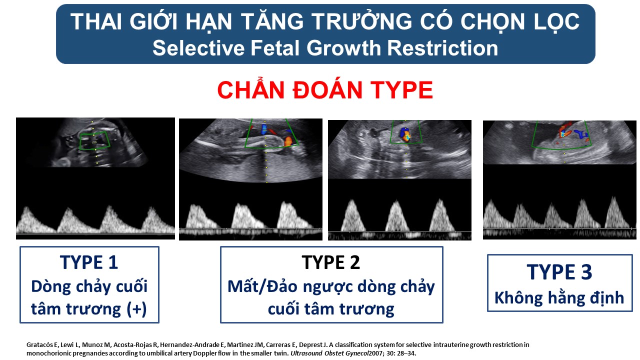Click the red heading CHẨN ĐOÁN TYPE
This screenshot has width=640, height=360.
(x=325, y=89)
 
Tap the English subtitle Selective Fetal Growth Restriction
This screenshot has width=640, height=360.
(x=325, y=48)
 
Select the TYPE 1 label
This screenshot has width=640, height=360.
(x=89, y=262)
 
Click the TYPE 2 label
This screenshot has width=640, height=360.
(x=331, y=262)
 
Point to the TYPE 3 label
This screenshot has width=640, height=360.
(x=559, y=271)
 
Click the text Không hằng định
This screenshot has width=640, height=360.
(x=559, y=298)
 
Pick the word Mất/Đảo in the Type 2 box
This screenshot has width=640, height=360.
(x=262, y=286)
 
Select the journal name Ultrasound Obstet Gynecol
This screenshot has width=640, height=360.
(x=329, y=353)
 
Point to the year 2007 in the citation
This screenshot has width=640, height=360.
(x=375, y=353)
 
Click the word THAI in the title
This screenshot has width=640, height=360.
(x=96, y=21)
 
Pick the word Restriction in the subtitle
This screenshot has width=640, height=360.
(x=442, y=48)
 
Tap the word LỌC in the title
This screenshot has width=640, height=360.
(x=555, y=22)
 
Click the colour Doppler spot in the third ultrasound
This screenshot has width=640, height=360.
(x=405, y=134)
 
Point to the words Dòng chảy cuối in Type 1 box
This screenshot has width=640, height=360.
(x=89, y=286)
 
